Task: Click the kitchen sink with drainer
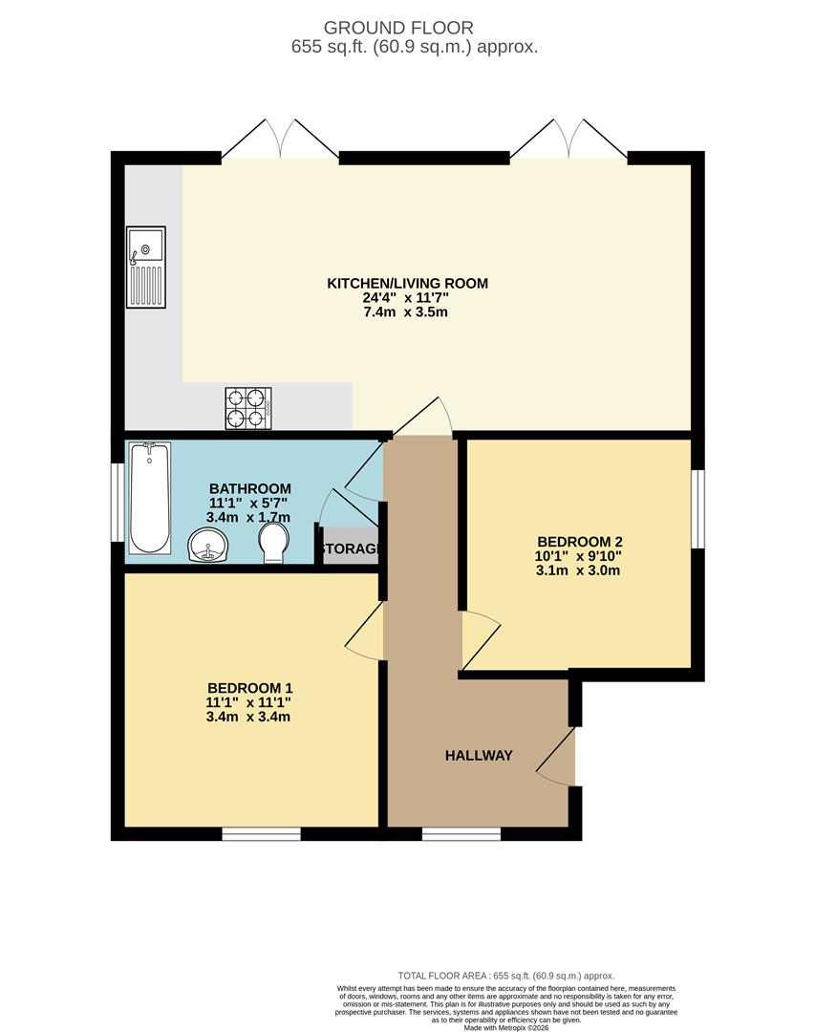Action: (x=146, y=267)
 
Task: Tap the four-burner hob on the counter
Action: (x=248, y=408)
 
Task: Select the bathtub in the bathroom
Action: (x=150, y=497)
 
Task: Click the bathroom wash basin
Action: (x=208, y=547)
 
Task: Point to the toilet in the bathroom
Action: (x=274, y=543)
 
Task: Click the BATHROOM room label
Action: (x=250, y=488)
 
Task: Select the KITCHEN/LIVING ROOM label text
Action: (x=408, y=283)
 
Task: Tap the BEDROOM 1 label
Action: (x=250, y=688)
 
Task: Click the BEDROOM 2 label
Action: (x=580, y=539)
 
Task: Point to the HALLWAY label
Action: (x=479, y=755)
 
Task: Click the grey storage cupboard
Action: (x=351, y=549)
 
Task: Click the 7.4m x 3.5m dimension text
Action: (x=408, y=312)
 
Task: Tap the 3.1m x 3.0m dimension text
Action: (x=580, y=571)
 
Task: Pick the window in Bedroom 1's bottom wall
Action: (x=262, y=834)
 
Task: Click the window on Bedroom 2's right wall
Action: (x=697, y=508)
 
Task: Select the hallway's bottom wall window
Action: (x=461, y=834)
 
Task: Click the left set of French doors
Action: (x=280, y=140)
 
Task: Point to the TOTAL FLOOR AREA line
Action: (x=506, y=976)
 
